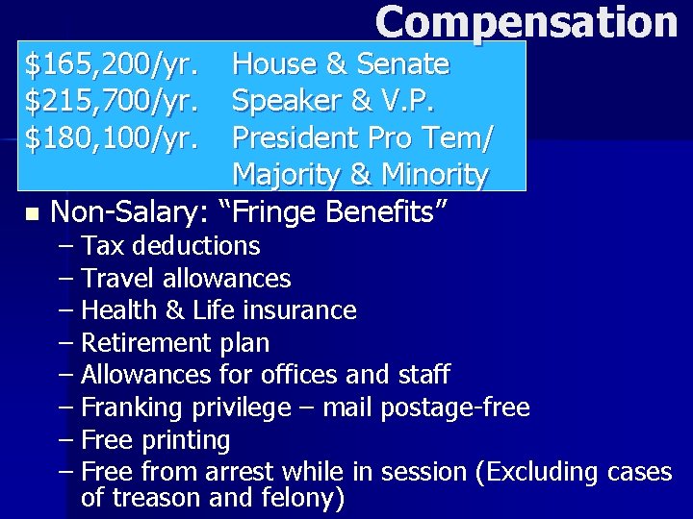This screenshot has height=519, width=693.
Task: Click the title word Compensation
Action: click(526, 22)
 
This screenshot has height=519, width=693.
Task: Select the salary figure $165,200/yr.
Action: click(113, 65)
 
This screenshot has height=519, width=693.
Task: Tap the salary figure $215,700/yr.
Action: click(113, 102)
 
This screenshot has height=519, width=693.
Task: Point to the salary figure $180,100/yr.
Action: click(113, 138)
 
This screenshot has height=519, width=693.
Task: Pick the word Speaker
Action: click(276, 102)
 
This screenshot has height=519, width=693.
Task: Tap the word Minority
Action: click(434, 175)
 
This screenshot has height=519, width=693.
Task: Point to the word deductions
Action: click(196, 246)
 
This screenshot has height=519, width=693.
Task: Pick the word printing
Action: click(185, 440)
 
